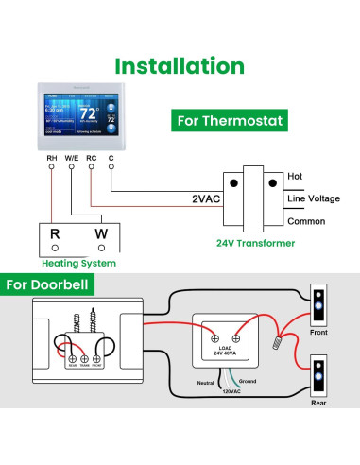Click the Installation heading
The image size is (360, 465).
[180, 66]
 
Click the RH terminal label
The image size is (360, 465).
[51, 158]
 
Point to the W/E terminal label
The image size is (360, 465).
[72, 158]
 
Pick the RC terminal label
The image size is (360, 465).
[92, 158]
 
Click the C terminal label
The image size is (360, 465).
[111, 158]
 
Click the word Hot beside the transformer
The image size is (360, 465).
[294, 176]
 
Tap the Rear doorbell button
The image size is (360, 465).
[318, 377]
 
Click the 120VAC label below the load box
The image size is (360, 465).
[232, 389]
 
